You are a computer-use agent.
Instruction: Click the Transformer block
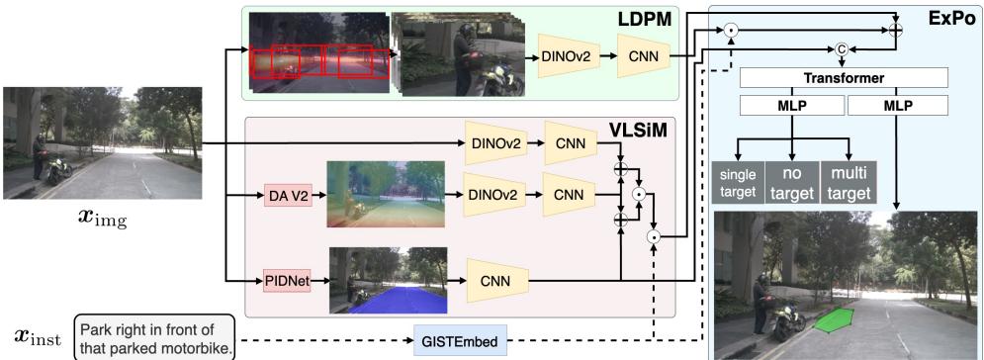pos(843,76)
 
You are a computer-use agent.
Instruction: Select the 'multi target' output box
pos(850,181)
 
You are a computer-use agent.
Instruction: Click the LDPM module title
pos(647,19)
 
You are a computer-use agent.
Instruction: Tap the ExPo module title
pos(951,19)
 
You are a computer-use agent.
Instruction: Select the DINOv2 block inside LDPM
pos(566,59)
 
